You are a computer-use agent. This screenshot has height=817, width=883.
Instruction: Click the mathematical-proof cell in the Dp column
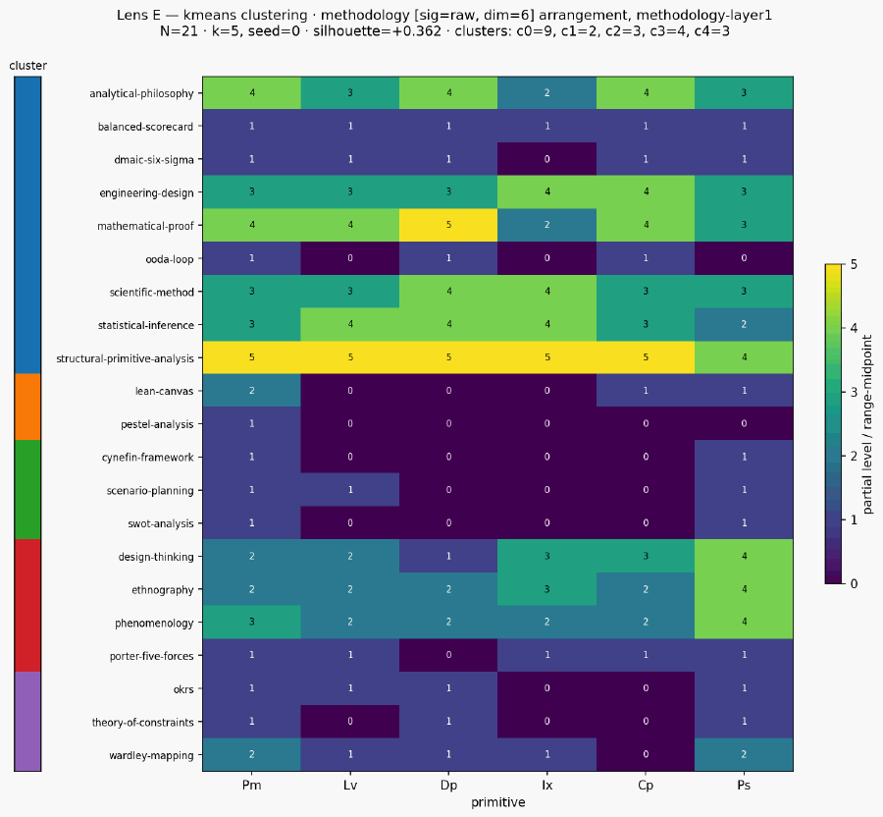pos(448,226)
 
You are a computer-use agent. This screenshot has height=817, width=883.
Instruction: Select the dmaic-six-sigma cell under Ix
pos(546,159)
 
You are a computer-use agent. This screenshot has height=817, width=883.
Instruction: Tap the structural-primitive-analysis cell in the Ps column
pos(744,357)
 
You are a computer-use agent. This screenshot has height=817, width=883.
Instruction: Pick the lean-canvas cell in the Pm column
pos(252,391)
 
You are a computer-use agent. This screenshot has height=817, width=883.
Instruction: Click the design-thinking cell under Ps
pos(744,556)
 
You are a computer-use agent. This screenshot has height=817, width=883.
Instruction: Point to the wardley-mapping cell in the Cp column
pos(646,754)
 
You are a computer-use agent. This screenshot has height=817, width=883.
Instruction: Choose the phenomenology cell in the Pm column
pos(252,622)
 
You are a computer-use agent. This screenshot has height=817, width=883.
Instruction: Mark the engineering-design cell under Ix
pos(546,192)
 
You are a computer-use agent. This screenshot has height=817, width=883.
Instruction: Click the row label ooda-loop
pos(170,259)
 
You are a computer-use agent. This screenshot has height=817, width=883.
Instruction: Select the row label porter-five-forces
pos(151,656)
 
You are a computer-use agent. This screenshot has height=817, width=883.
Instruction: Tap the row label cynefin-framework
pos(147,458)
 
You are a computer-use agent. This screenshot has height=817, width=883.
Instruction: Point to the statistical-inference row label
pos(146,325)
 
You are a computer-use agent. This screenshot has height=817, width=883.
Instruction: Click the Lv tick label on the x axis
pos(350,786)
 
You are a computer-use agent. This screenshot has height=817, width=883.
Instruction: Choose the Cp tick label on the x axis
pos(646,786)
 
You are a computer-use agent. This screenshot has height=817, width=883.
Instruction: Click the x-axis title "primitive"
pos(497,802)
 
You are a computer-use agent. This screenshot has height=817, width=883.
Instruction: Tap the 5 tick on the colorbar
pos(854,264)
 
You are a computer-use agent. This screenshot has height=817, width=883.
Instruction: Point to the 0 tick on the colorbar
pos(854,583)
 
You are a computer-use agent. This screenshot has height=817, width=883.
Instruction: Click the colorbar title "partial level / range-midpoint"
pos(868,423)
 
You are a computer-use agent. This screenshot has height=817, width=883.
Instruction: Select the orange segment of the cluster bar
pos(27,407)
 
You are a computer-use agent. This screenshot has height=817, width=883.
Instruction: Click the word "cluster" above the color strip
pos(28,66)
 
